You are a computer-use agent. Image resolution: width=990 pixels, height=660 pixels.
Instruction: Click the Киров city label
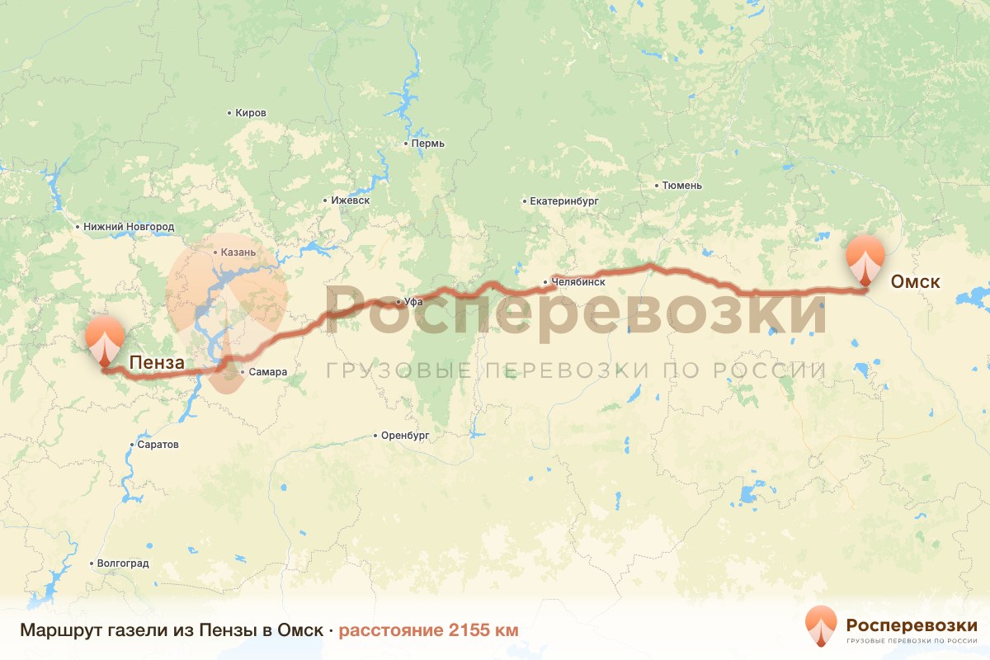click(x=251, y=112)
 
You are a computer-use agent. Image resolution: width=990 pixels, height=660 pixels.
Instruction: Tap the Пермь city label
click(x=428, y=144)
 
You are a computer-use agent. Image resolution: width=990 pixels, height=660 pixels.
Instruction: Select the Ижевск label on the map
click(x=350, y=200)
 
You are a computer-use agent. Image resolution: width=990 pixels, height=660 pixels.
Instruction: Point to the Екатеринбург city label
click(x=564, y=200)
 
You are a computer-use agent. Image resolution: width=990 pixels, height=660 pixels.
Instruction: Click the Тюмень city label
click(x=681, y=186)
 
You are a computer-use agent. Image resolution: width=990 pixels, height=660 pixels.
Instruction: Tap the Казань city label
click(x=238, y=252)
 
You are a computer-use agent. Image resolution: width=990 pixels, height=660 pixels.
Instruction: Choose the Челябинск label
click(x=578, y=282)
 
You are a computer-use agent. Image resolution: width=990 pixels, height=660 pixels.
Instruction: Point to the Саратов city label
click(x=158, y=445)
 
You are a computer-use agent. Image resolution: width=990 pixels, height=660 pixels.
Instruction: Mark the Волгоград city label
click(x=123, y=563)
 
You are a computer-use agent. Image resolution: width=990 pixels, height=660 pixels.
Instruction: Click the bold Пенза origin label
click(x=156, y=361)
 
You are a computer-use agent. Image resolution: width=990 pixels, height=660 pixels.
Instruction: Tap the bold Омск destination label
click(x=915, y=282)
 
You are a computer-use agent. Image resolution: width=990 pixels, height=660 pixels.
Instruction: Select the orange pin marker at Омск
click(x=865, y=258)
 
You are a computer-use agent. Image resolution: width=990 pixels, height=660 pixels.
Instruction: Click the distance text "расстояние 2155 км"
click(x=428, y=630)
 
